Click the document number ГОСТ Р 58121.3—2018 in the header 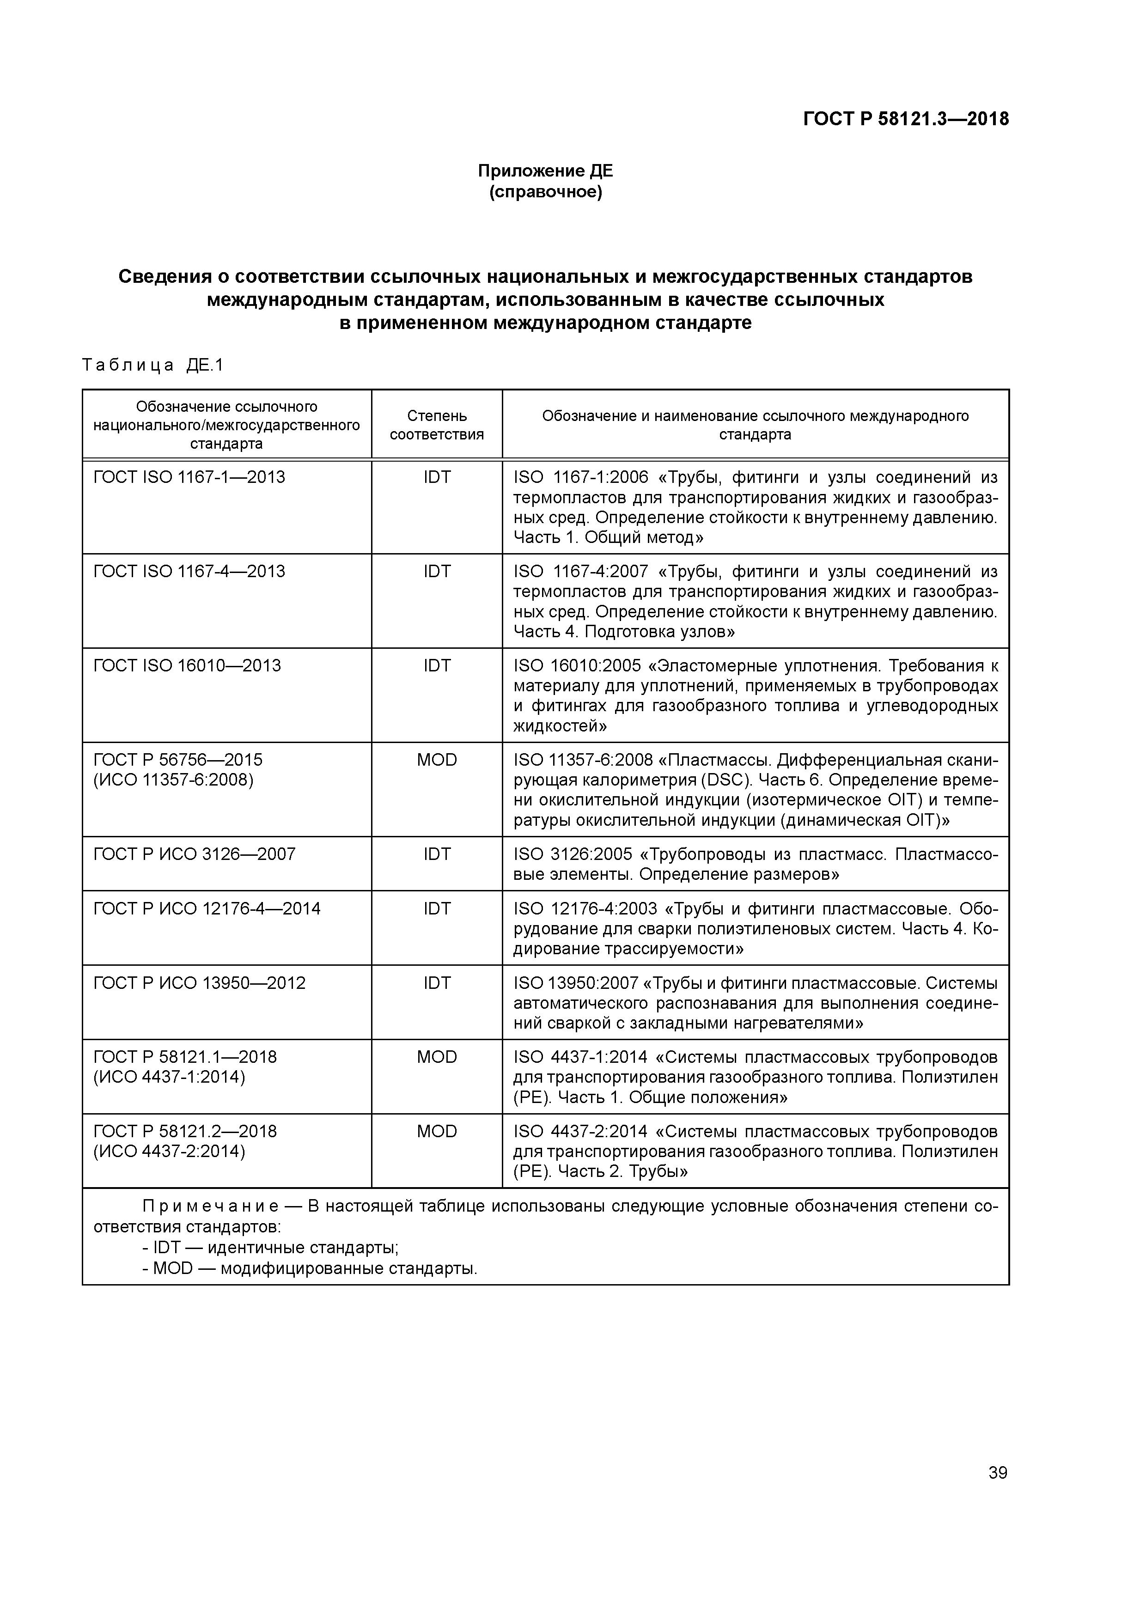905,119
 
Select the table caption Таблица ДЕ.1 152,365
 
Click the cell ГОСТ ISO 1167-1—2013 189,477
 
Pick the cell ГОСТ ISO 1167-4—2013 189,571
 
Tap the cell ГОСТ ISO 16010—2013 187,666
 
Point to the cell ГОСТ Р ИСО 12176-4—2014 207,908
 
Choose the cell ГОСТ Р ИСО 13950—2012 200,983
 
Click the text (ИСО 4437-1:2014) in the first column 170,1078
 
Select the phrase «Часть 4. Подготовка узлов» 624,631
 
